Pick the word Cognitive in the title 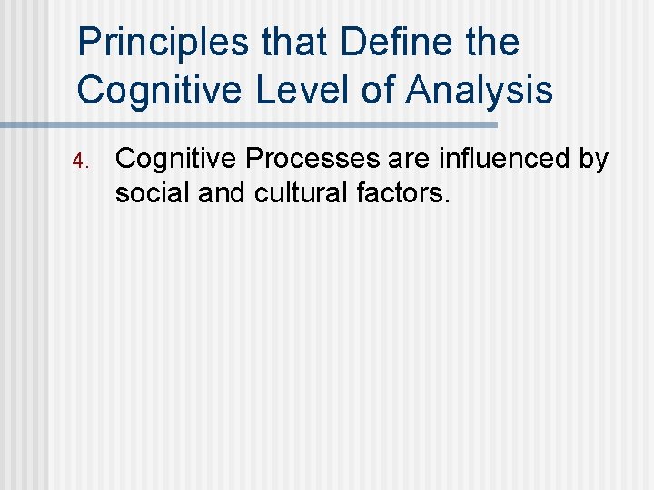click(x=145, y=90)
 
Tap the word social click(x=148, y=191)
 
